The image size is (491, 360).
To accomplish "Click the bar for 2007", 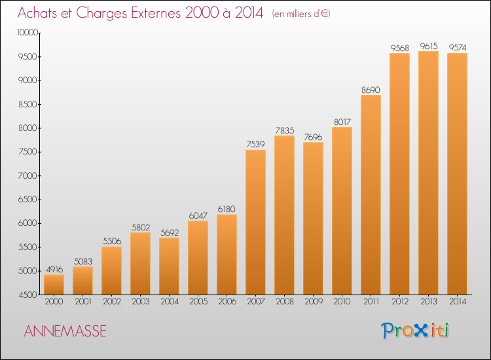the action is click(x=255, y=223).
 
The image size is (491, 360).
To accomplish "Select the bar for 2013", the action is click(x=428, y=173).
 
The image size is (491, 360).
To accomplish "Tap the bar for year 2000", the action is click(x=54, y=285).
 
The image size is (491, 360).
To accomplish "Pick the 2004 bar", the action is click(x=169, y=266).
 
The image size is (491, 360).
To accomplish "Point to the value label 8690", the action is click(x=371, y=90).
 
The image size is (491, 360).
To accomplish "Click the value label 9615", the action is click(x=429, y=46).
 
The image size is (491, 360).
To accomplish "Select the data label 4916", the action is click(x=54, y=270).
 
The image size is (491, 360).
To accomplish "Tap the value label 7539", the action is click(x=255, y=144).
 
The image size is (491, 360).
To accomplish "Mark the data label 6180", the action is click(x=227, y=209).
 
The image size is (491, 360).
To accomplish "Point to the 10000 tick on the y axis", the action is click(x=27, y=33).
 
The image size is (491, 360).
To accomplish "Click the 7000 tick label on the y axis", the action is click(x=28, y=175).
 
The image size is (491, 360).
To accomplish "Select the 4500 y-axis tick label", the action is click(x=28, y=295).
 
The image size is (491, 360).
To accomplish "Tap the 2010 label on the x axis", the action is click(x=342, y=302).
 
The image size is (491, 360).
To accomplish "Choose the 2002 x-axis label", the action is click(x=112, y=302).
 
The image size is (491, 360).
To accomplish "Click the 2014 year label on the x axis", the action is click(x=458, y=302).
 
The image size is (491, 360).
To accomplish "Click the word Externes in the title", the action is click(x=156, y=13).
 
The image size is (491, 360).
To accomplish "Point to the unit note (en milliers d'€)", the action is click(x=301, y=14).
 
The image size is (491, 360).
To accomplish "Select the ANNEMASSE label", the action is click(x=65, y=331).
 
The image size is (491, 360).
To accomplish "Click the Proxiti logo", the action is click(x=415, y=331).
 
